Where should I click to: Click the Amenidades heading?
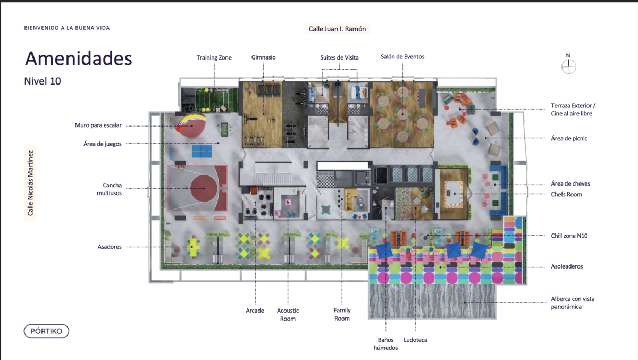click(79, 58)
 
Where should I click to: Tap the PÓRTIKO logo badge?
click(46, 331)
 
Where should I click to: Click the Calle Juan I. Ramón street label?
click(337, 29)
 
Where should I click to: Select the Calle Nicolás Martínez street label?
click(30, 183)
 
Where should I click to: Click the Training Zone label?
click(214, 57)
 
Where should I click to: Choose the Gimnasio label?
click(264, 57)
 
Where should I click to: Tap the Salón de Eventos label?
click(402, 57)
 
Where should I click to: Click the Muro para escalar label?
click(98, 125)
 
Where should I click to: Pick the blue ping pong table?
click(202, 151)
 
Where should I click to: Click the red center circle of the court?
click(204, 188)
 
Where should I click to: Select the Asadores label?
click(110, 247)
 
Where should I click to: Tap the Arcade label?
click(255, 311)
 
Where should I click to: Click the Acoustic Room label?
click(288, 314)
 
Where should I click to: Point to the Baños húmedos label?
click(385, 344)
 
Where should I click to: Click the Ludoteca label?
click(415, 340)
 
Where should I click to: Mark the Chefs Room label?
click(566, 194)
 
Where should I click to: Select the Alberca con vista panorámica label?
click(573, 303)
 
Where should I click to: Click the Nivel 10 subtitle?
click(43, 81)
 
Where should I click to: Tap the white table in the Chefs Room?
click(454, 194)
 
